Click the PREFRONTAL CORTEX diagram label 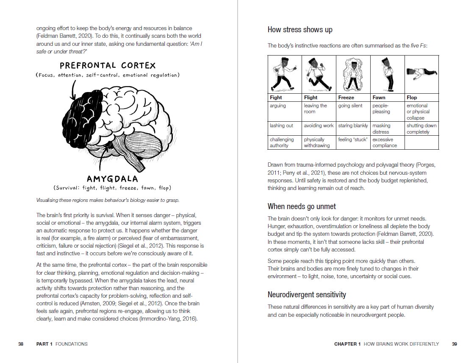click(x=108, y=66)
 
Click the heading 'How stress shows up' click(x=300, y=30)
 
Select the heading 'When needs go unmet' click(x=302, y=207)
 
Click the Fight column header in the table click(x=276, y=98)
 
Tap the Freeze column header click(x=346, y=98)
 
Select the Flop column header click(x=412, y=98)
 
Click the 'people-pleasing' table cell click(x=381, y=109)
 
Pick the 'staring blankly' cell click(x=353, y=126)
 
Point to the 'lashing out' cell click(x=281, y=126)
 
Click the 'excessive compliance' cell click(x=385, y=142)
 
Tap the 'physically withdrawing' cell click(x=316, y=142)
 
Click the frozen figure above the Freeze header click(x=353, y=75)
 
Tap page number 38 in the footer click(x=21, y=344)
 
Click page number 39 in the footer click(x=455, y=344)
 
